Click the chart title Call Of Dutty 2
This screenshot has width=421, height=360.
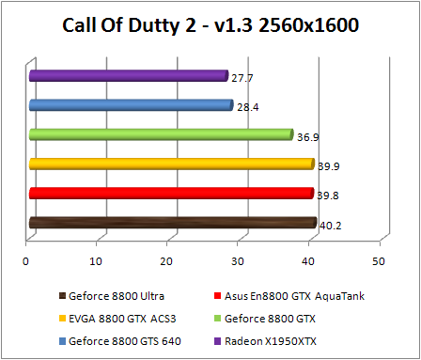(210, 24)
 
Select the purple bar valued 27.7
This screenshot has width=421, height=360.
(128, 76)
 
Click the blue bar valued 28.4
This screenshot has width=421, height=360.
(131, 105)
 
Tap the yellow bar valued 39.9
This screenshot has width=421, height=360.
(171, 164)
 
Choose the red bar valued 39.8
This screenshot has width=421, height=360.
(171, 194)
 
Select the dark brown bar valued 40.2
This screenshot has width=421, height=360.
(172, 223)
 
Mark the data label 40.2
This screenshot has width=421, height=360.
(331, 226)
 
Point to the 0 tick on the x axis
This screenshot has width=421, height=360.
(27, 260)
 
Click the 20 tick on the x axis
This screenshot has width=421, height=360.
(167, 260)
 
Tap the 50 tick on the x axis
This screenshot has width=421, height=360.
(378, 260)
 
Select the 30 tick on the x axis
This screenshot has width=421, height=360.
(238, 260)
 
